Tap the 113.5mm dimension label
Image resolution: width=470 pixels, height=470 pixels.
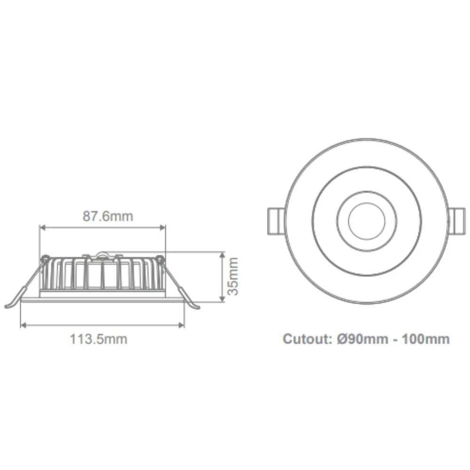coord(99,339)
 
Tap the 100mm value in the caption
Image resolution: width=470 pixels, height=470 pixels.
coord(426,339)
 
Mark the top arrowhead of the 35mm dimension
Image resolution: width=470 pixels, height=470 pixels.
coord(222,254)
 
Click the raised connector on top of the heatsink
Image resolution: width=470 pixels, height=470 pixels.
coord(102,255)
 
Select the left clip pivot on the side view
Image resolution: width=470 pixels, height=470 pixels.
coord(45,258)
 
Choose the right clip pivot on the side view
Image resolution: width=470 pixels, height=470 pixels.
coord(160,258)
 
